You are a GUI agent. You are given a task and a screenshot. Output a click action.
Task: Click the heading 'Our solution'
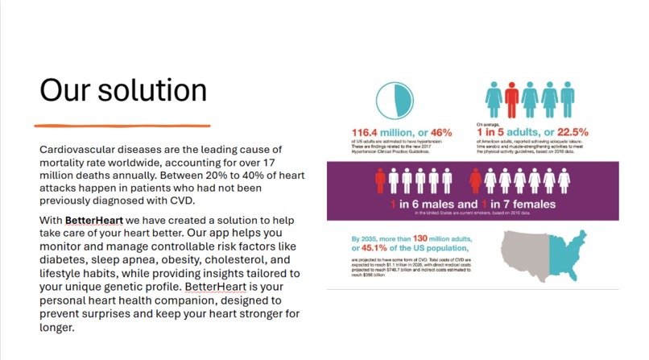click(x=122, y=90)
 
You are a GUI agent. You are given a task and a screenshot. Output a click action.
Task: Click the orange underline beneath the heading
click(x=122, y=126)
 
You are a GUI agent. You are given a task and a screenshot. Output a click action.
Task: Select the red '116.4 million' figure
click(x=379, y=132)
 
